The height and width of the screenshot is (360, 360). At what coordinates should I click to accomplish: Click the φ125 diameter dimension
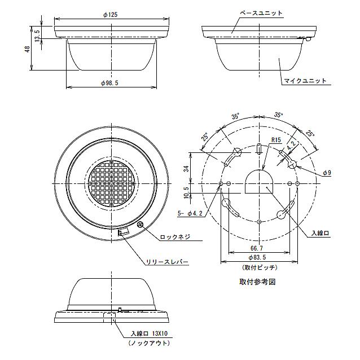click(x=111, y=15)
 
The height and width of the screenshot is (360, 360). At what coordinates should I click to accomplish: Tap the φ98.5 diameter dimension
click(x=110, y=83)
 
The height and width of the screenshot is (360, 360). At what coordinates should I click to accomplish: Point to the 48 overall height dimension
click(x=28, y=49)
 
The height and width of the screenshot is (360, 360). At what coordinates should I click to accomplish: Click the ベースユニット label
click(x=261, y=13)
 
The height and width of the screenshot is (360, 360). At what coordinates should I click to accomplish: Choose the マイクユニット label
click(x=305, y=81)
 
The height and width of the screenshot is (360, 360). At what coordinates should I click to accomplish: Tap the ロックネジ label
click(x=175, y=237)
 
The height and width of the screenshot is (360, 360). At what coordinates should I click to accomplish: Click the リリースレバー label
click(x=167, y=262)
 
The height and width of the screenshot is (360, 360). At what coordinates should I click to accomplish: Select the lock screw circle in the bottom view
click(x=140, y=225)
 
